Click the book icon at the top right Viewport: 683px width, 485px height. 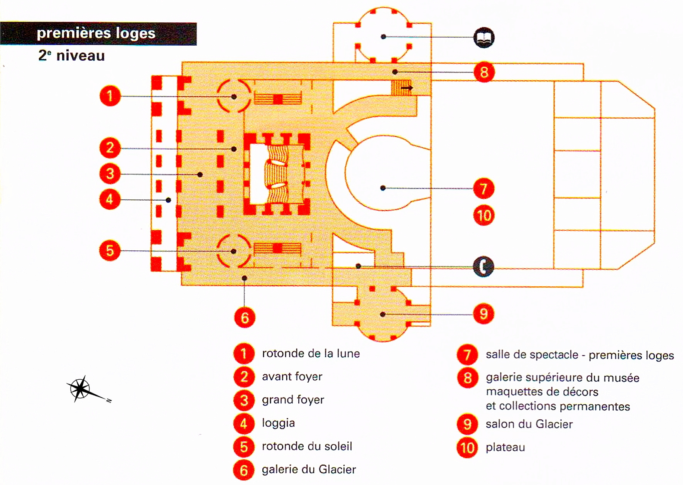pyautogui.click(x=484, y=37)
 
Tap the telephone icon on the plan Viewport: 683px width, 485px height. pyautogui.click(x=484, y=266)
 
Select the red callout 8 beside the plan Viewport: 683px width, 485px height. pyautogui.click(x=484, y=72)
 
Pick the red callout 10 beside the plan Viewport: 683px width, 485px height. pyautogui.click(x=484, y=215)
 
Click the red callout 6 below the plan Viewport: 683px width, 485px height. pyautogui.click(x=245, y=318)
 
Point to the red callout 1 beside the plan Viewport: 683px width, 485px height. pyautogui.click(x=110, y=96)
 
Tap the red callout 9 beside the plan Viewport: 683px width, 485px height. pyautogui.click(x=484, y=314)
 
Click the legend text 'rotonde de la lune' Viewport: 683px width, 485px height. pyautogui.click(x=311, y=353)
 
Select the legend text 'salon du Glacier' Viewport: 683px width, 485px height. pyautogui.click(x=529, y=424)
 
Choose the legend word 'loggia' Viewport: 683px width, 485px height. pyautogui.click(x=278, y=423)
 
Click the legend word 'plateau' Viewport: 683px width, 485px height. pyautogui.click(x=505, y=447)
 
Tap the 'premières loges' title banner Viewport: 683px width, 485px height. pyautogui.click(x=98, y=34)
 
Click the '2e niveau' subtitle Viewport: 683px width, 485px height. pyautogui.click(x=72, y=56)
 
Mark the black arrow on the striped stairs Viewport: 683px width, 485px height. pyautogui.click(x=406, y=88)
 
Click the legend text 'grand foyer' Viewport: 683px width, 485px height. pyautogui.click(x=293, y=400)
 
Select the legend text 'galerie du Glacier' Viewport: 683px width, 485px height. pyautogui.click(x=309, y=470)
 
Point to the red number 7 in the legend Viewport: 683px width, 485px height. pyautogui.click(x=467, y=355)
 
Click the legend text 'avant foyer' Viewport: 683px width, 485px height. pyautogui.click(x=292, y=377)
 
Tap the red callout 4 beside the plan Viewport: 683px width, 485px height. pyautogui.click(x=110, y=199)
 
